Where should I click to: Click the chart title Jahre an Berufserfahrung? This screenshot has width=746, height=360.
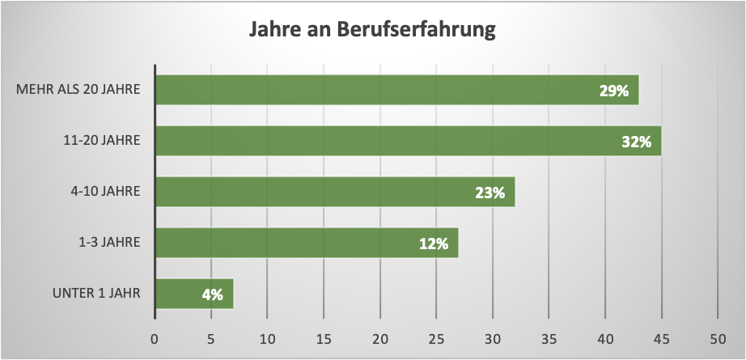373,32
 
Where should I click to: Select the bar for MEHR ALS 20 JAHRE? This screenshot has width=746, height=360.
396,90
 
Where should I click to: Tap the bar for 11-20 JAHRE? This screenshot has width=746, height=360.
408,141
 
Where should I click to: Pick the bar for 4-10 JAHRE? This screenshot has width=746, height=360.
334,192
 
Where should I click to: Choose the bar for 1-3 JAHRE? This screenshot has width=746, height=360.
306,243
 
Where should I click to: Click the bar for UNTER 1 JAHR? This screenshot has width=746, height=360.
193,294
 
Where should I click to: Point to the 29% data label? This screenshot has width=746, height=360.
614,91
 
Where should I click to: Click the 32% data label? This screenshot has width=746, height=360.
637,142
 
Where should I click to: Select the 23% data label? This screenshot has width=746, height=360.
490,193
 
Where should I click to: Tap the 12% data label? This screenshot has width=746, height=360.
434,244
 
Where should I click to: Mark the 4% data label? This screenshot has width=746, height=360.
213,294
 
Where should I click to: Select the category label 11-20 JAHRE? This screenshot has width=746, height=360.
102,141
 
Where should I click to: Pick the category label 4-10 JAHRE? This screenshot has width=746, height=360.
107,192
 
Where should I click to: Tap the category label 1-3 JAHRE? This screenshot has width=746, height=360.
110,243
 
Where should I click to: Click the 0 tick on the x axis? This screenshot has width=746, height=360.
155,337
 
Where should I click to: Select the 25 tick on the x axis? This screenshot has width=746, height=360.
436,337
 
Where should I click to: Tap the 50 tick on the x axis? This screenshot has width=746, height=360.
718,337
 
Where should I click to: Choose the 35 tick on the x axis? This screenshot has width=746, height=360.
549,337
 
